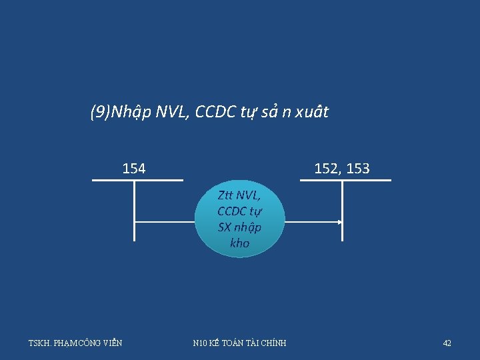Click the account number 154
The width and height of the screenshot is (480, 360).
click(134, 169)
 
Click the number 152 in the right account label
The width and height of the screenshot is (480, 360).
click(326, 169)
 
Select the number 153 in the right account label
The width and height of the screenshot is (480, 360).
click(358, 169)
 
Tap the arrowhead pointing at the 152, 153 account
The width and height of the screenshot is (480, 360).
click(340, 223)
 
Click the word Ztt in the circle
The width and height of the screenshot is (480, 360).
click(226, 195)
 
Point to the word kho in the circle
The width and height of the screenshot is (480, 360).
click(239, 243)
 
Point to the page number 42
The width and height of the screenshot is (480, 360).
click(447, 343)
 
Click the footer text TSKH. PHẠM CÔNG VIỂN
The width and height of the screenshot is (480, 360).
click(75, 343)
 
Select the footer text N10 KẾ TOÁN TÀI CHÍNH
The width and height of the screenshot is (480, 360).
click(239, 343)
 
